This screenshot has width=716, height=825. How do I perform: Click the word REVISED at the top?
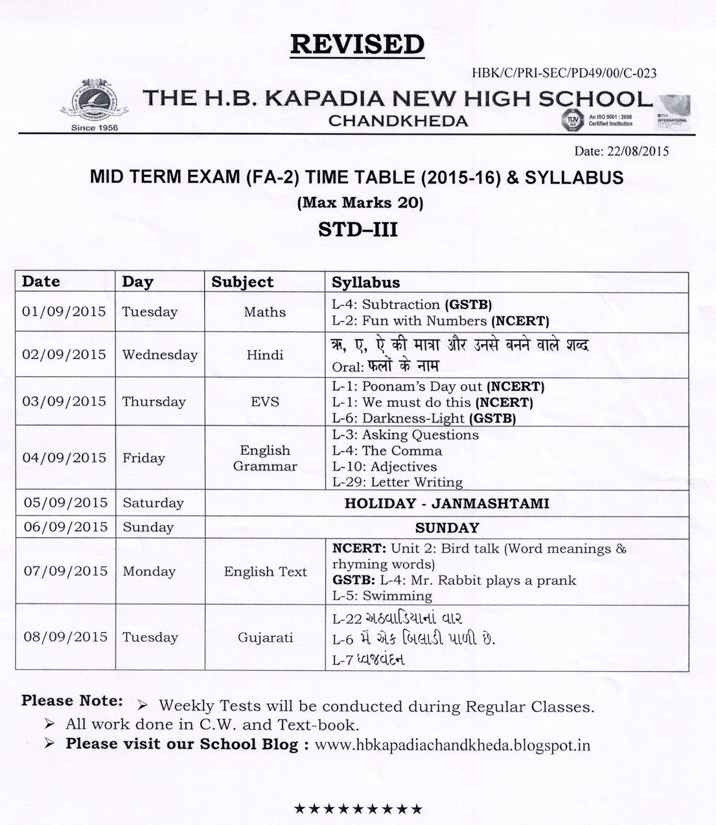point(357,44)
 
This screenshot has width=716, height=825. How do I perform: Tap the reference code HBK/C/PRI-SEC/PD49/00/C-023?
point(564,73)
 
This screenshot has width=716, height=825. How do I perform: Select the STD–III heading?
point(357,229)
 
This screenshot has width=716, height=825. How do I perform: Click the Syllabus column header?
point(366,282)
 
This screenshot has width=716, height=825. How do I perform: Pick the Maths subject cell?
point(265,312)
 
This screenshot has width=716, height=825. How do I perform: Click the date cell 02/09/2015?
point(64,355)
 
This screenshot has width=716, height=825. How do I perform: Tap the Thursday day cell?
point(154,402)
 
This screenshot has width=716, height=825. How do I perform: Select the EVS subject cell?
point(265,402)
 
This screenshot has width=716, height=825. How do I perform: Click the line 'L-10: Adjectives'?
point(384,467)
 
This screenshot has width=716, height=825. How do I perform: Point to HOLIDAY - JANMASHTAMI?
point(447,503)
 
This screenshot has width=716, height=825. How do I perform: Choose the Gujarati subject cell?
point(265,638)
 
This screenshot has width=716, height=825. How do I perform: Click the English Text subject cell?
point(265,571)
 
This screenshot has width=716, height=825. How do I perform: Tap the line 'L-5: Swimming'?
point(382,596)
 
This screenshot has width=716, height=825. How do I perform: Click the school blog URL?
point(452,745)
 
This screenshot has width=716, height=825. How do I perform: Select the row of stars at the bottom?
point(358,809)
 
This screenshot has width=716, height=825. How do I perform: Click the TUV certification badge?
point(571,120)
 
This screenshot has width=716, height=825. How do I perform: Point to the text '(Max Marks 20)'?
point(360,203)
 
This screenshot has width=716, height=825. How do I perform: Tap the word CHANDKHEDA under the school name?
point(398,121)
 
